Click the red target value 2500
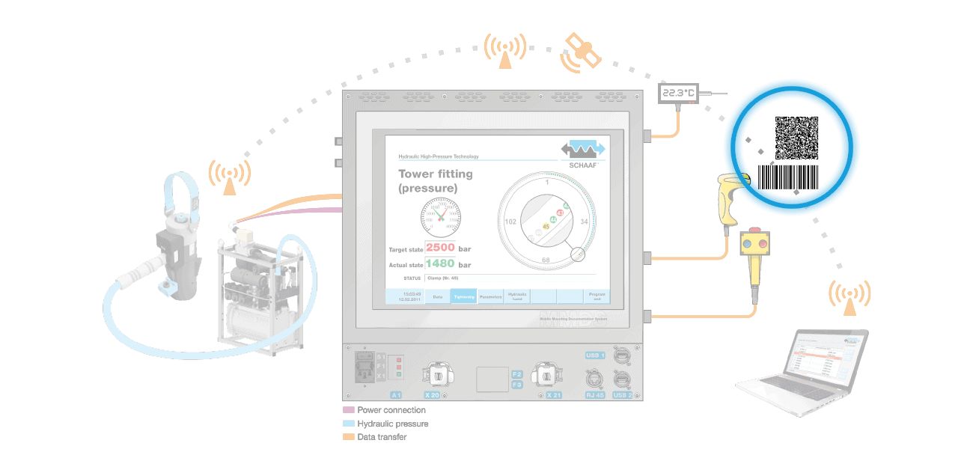point(440,248)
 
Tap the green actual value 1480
point(440,263)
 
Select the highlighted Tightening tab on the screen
point(464,297)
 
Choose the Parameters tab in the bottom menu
point(490,297)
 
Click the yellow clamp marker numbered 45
point(546,226)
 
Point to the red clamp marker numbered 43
point(560,213)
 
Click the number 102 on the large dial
point(511,222)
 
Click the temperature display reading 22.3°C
point(678,94)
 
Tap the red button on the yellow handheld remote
point(746,244)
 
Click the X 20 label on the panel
point(432,394)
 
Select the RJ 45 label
point(596,394)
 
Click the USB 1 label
point(594,355)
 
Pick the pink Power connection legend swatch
point(348,410)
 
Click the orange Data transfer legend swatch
point(348,436)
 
